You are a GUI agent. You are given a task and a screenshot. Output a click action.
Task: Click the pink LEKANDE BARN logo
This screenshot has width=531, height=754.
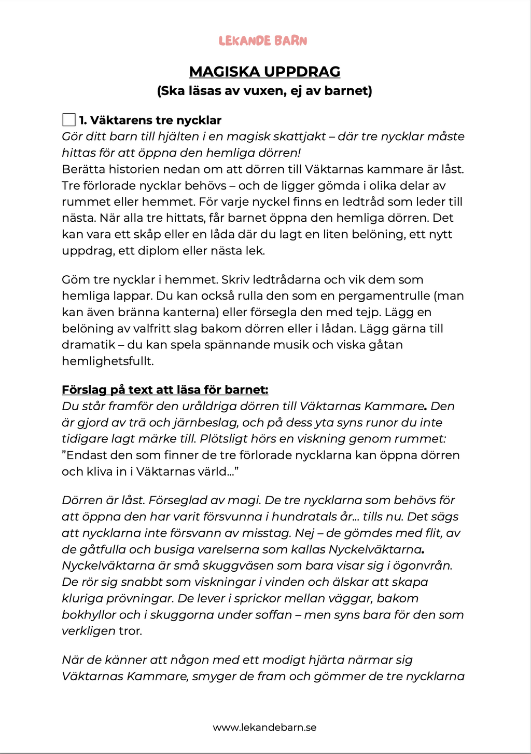tap(263, 41)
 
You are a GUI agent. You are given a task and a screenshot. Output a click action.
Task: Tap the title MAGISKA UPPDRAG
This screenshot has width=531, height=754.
tap(264, 72)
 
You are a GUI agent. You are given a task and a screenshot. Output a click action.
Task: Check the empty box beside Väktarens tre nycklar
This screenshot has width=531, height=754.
tap(69, 120)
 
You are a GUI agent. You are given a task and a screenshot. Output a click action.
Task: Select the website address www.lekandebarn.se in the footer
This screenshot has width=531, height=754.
tap(264, 728)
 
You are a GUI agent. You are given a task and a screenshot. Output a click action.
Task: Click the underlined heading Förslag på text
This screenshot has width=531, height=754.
tap(165, 390)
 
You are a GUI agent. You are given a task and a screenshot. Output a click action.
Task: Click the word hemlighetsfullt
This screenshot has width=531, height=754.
tap(107, 361)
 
